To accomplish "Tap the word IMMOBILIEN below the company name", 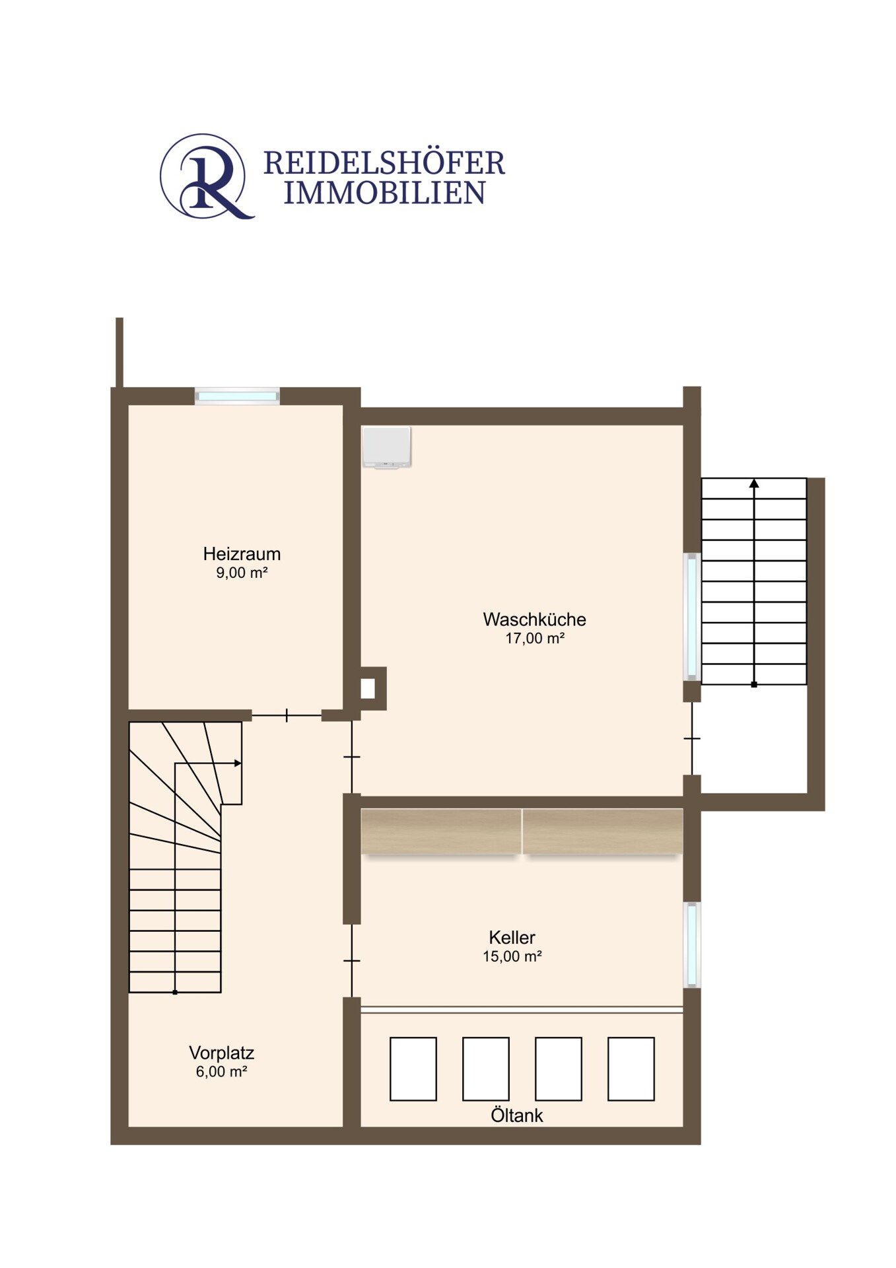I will click(384, 193).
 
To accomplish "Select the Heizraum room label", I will click(242, 553).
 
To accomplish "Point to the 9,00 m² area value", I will click(242, 573).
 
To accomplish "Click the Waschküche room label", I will click(534, 619).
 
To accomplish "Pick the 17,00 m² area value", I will click(534, 639).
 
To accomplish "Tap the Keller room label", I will click(512, 937).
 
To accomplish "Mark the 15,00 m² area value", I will click(512, 956).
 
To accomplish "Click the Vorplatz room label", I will click(221, 1053).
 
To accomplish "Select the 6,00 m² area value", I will click(221, 1072).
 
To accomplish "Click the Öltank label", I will click(516, 1115).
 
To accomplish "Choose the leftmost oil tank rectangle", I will click(413, 1069).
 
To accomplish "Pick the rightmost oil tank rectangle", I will click(631, 1069).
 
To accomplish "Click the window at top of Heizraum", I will click(237, 396).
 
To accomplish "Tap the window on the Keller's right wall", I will click(691, 944).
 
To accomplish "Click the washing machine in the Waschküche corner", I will click(386, 447).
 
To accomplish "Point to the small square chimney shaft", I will click(368, 689).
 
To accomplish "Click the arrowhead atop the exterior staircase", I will click(754, 483).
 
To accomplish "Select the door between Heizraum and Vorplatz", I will click(287, 715).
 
